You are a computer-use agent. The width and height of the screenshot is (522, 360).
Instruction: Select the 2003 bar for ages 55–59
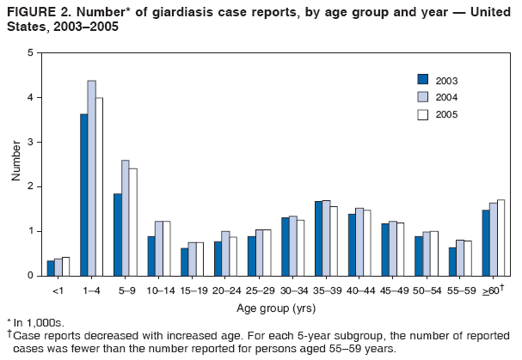[x=452, y=261]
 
